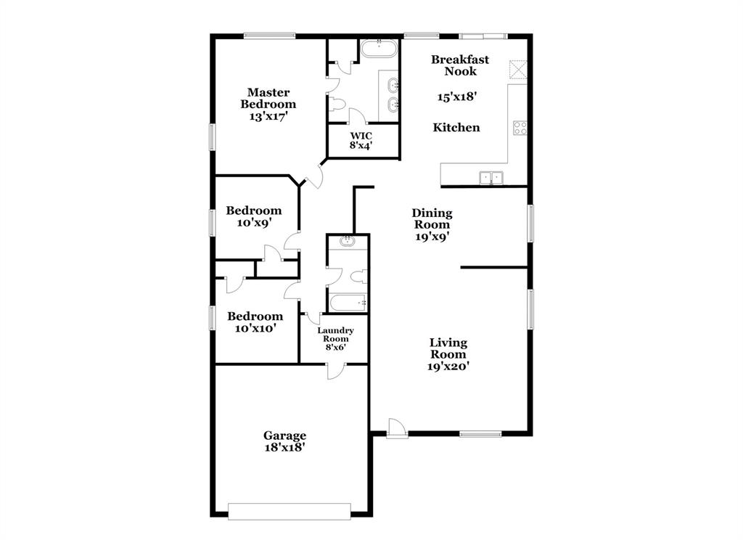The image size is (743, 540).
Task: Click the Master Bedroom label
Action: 268,98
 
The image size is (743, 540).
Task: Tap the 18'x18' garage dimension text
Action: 284,448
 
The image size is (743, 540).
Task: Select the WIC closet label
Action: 361,136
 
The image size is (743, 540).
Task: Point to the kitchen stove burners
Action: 520,128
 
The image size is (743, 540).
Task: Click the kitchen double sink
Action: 491,176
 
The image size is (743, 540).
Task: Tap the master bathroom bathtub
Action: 379,50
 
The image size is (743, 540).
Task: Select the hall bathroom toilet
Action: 357,277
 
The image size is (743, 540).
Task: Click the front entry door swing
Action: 395,427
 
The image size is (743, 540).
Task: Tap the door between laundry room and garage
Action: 335,370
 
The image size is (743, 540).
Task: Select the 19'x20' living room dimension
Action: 448,367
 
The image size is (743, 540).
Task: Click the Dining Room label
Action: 432,218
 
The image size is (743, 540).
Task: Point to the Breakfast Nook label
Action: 460,65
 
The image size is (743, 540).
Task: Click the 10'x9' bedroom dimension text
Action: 254,224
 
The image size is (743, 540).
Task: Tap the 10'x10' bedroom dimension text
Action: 255,329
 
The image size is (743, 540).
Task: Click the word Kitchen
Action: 456,128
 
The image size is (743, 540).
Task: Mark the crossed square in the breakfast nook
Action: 518,69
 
